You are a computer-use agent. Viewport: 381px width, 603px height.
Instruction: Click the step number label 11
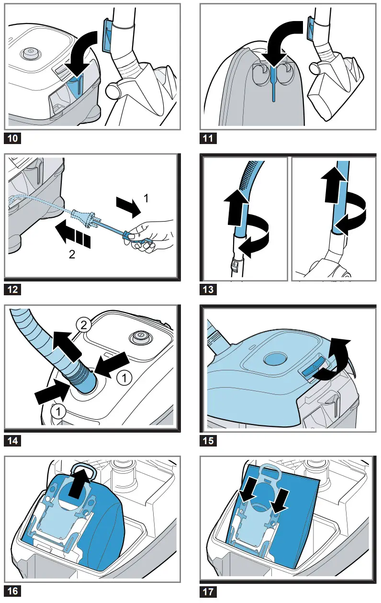point(208,139)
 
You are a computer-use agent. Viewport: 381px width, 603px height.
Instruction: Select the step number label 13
point(208,290)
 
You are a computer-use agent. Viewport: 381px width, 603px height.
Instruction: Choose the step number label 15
point(208,440)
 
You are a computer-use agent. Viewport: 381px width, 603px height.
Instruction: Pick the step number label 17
point(208,592)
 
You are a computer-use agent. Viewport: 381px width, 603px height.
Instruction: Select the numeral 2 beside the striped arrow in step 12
point(72,255)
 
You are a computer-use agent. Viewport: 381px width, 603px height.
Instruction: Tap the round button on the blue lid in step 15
point(274,358)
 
